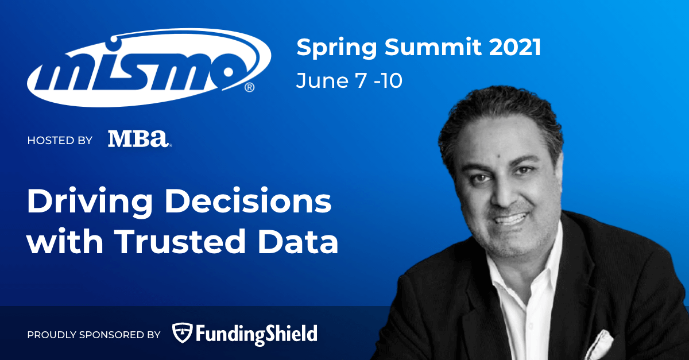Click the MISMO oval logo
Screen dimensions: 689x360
[149, 68]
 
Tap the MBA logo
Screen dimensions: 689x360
[140, 139]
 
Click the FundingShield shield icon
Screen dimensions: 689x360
[182, 333]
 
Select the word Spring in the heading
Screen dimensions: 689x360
[337, 48]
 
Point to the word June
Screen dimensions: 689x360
[322, 80]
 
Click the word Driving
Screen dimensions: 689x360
[90, 202]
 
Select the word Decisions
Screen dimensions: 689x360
[249, 200]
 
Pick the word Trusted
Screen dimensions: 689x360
[180, 241]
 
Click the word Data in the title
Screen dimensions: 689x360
[298, 241]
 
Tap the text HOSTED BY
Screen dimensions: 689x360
[60, 140]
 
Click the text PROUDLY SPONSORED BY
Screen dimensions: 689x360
[94, 335]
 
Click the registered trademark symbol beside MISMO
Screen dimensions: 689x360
[249, 88]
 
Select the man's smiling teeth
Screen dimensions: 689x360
[510, 219]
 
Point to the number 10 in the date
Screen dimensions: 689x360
[392, 81]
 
